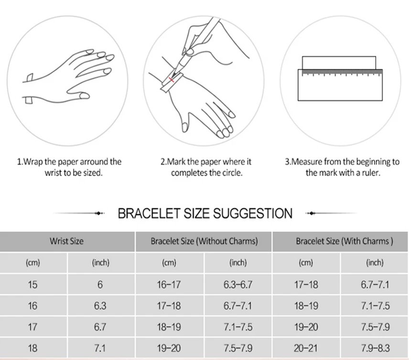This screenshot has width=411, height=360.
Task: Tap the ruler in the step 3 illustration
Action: tap(340, 85)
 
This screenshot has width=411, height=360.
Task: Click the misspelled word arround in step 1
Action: tap(91, 162)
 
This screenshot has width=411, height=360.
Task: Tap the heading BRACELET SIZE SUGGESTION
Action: tap(205, 213)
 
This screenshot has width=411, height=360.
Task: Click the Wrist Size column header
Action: tap(66, 241)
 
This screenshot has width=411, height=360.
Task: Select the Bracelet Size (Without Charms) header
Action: tap(204, 241)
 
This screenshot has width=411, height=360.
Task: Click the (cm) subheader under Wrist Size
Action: tap(32, 262)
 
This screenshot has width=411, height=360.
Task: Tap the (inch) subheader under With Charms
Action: tap(375, 262)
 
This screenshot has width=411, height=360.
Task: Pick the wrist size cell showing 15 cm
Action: tap(32, 285)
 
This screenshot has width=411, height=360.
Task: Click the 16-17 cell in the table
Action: tap(169, 285)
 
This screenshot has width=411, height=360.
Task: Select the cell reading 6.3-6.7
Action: tap(238, 285)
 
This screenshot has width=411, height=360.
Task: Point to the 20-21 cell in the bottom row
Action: tap(306, 348)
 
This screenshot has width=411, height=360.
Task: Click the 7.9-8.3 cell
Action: tap(375, 348)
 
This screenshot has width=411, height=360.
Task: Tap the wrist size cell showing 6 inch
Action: tap(100, 285)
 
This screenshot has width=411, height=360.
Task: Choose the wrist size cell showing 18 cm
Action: tap(32, 348)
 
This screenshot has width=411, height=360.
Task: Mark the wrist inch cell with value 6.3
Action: tap(100, 306)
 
